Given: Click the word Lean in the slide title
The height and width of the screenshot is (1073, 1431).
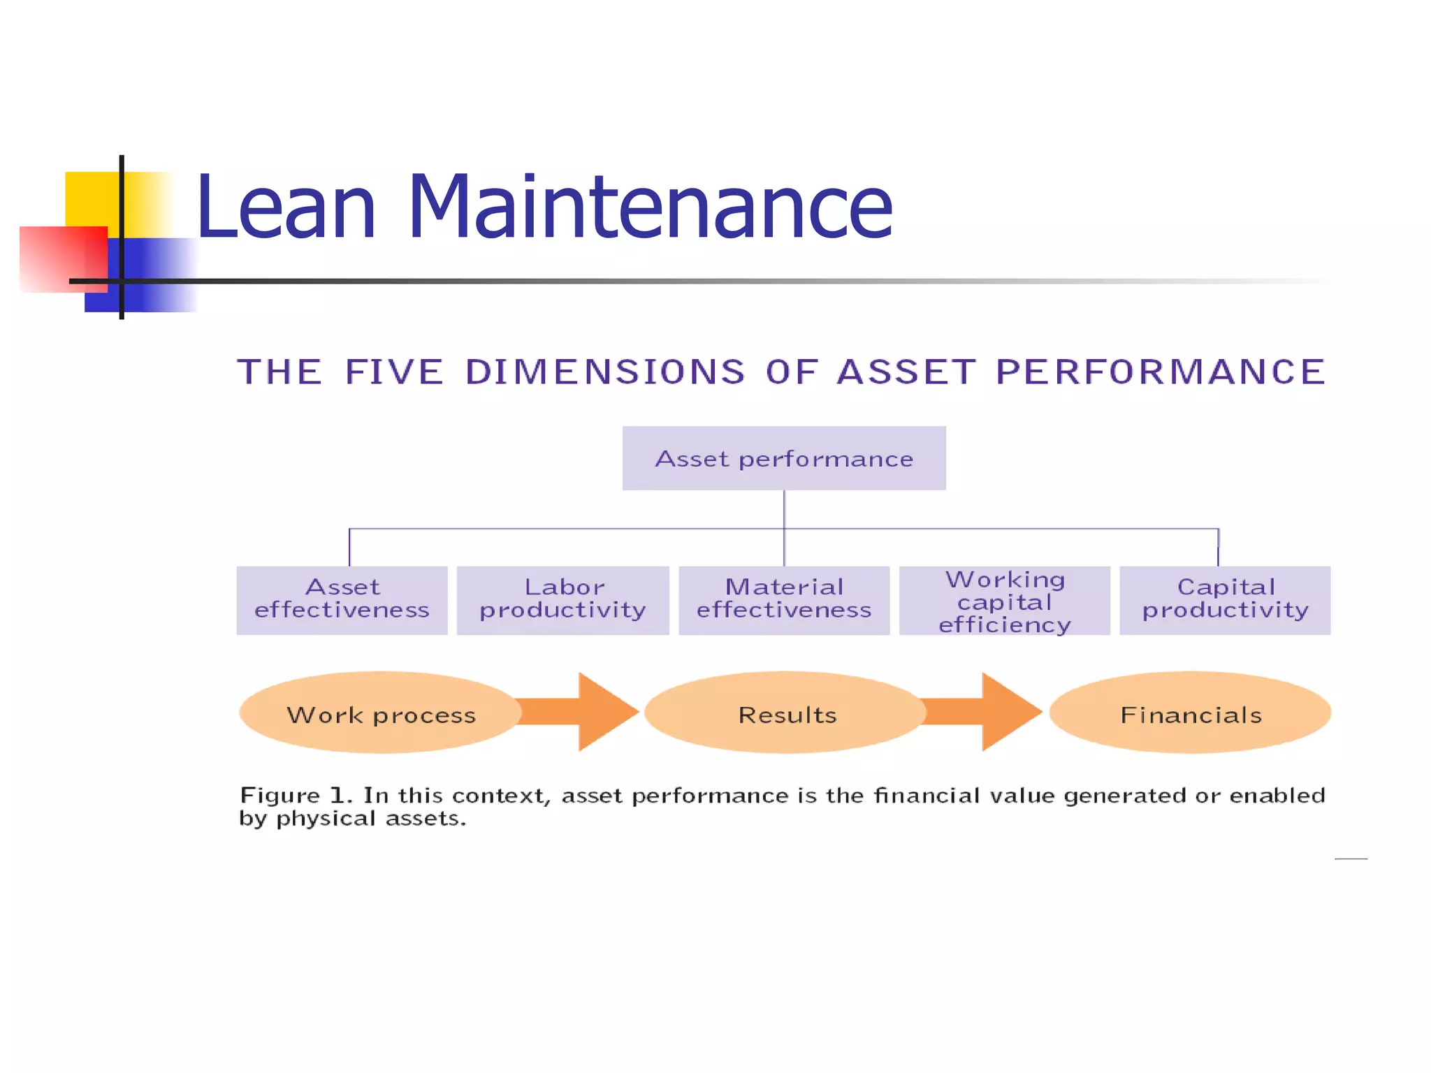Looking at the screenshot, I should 286,207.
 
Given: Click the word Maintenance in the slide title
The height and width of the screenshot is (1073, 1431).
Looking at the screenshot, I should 649,207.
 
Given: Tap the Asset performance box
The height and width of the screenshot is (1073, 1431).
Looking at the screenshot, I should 783,458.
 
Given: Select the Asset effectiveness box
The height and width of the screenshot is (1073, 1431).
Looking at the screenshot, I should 342,600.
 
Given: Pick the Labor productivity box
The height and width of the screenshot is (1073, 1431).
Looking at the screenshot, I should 562,600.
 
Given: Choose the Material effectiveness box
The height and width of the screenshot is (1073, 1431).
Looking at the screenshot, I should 783,600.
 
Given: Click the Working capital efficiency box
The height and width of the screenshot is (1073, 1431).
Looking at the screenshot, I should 1004,601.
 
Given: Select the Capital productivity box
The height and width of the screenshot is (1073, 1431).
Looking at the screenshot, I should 1224,600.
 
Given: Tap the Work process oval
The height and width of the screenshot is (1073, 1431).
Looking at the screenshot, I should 380,713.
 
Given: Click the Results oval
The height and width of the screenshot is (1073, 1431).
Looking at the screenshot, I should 785,713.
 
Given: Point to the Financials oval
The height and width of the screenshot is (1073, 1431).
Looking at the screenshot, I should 1190,713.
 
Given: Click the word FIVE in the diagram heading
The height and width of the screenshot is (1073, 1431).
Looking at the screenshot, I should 394,372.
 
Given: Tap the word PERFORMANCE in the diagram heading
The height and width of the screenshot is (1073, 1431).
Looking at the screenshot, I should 1161,372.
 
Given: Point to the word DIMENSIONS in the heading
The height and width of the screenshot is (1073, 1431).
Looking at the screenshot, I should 605,372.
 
